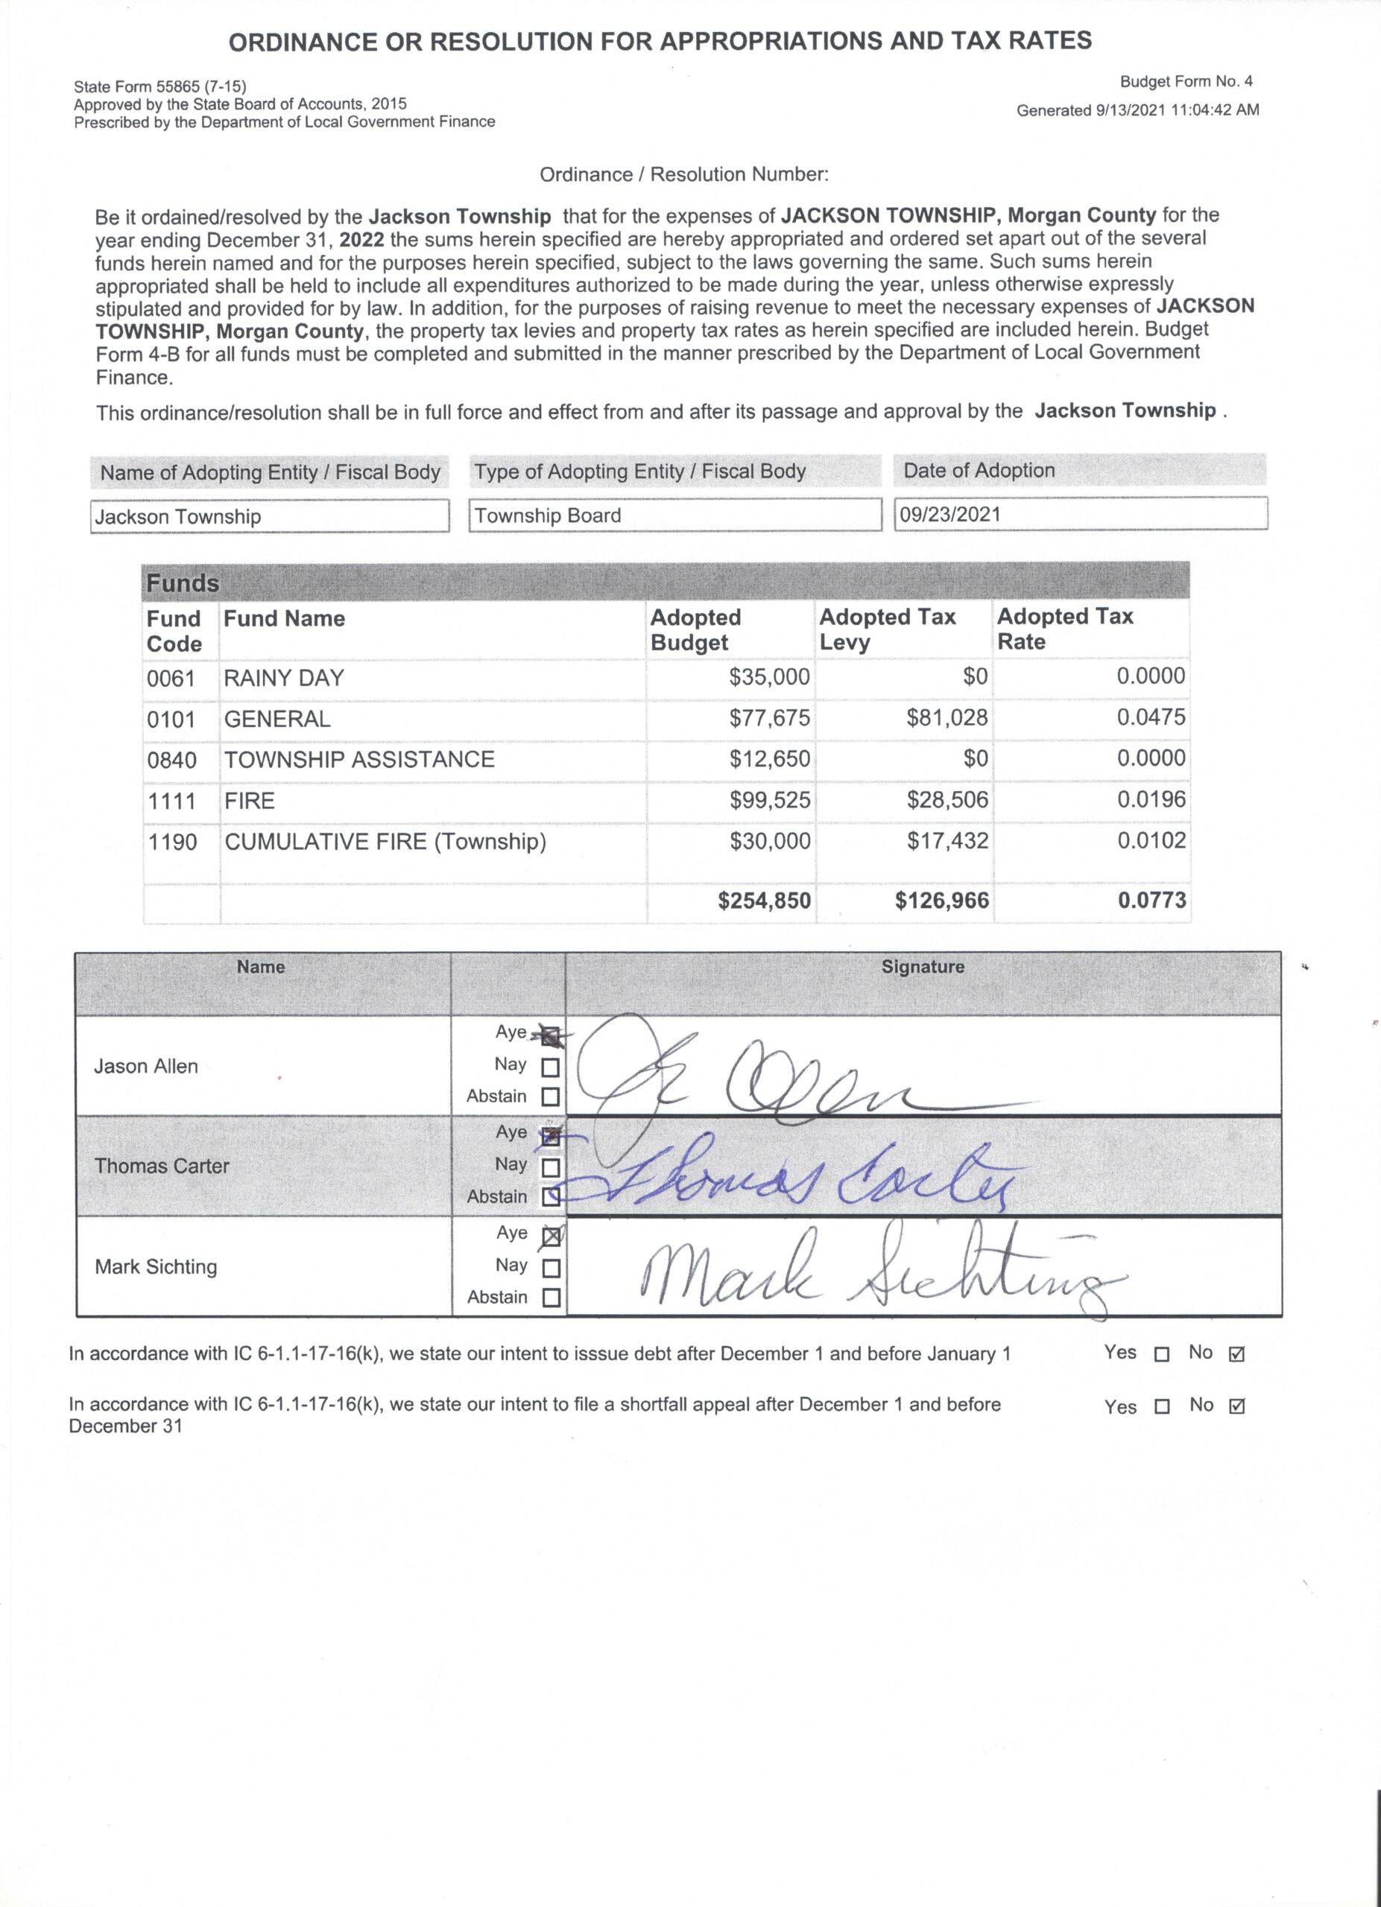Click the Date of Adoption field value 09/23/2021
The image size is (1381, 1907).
(x=949, y=514)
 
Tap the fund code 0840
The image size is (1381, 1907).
(x=171, y=760)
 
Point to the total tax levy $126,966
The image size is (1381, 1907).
(x=941, y=901)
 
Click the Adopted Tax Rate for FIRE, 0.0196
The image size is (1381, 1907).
(x=1151, y=799)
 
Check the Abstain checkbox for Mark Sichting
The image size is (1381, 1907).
(x=551, y=1298)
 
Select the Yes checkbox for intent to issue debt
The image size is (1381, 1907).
(x=1161, y=1354)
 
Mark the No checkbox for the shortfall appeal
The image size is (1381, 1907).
(x=1236, y=1406)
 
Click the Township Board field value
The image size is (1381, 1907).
(x=548, y=515)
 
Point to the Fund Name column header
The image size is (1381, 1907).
(x=284, y=619)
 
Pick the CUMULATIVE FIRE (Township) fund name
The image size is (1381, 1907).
(x=385, y=842)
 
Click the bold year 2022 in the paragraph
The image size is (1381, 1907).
(x=361, y=239)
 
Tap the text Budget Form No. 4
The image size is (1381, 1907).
(x=1186, y=81)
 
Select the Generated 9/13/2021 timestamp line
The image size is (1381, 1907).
(x=1137, y=110)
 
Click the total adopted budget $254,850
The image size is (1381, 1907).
(x=764, y=901)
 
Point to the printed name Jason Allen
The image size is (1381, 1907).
(x=146, y=1066)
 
